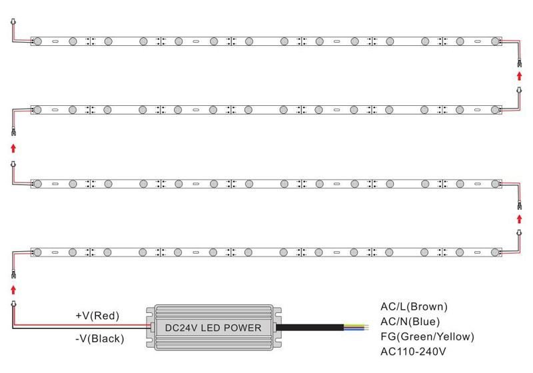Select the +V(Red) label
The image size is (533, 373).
(97, 316)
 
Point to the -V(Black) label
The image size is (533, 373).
(99, 338)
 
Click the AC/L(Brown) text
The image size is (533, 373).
(414, 307)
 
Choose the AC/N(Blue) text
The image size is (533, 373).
(410, 322)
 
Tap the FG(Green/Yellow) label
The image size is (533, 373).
(427, 336)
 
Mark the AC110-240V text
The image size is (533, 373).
(413, 351)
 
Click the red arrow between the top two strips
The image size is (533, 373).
(519, 76)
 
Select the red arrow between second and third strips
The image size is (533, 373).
(13, 148)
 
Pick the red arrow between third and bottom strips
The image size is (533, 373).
(519, 219)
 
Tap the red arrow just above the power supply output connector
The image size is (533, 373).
(13, 290)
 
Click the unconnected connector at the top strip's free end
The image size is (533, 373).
(13, 22)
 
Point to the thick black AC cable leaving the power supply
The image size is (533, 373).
(309, 328)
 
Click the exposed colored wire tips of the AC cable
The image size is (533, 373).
(356, 328)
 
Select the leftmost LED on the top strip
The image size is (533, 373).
(38, 41)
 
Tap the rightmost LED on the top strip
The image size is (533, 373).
(495, 41)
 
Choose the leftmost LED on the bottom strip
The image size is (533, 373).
(37, 252)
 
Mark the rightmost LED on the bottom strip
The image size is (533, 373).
(495, 252)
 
